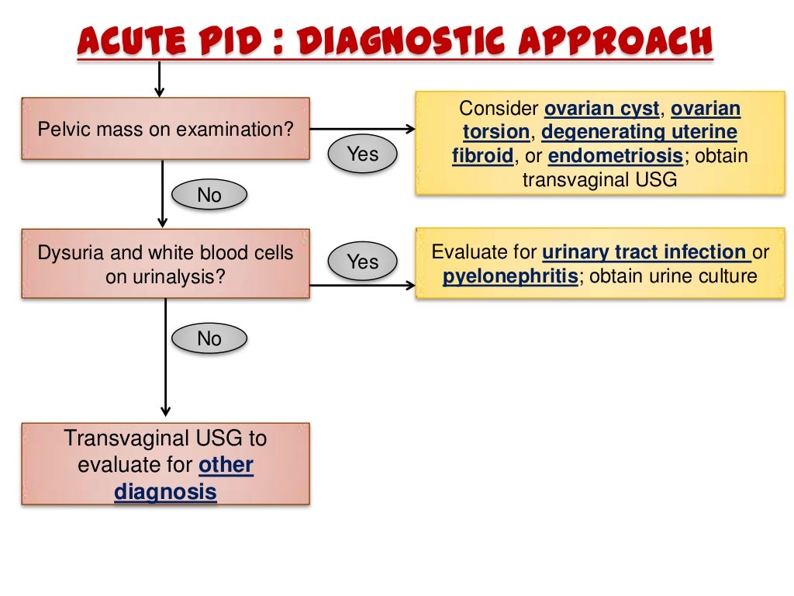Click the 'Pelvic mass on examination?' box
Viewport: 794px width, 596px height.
(x=165, y=129)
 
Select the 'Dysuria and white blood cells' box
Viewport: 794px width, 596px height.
(x=165, y=264)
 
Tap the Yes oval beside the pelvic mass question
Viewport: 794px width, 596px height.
(x=363, y=154)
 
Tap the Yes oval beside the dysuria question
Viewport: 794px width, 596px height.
(x=363, y=262)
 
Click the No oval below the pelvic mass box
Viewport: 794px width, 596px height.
(x=209, y=196)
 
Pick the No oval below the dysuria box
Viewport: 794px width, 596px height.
(x=209, y=338)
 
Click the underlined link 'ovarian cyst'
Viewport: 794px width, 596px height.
(x=602, y=108)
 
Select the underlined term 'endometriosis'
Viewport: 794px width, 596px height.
(x=616, y=156)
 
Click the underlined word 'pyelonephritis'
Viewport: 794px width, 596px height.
(x=510, y=276)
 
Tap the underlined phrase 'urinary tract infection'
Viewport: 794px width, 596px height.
(x=645, y=252)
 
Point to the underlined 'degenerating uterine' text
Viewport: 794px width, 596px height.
(x=639, y=132)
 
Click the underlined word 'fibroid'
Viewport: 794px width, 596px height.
(x=482, y=156)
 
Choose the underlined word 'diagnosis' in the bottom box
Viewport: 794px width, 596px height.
(x=165, y=492)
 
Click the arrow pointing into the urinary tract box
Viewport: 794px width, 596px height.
(x=405, y=286)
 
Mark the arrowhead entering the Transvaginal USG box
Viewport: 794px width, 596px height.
(x=165, y=411)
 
